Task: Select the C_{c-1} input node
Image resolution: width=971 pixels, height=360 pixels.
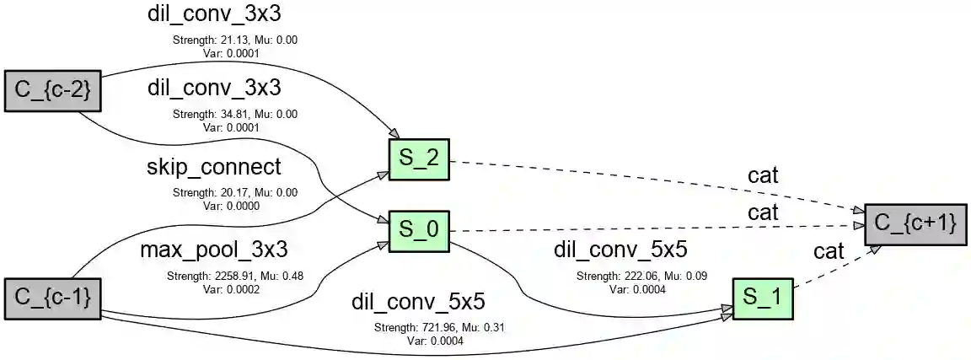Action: pyautogui.click(x=52, y=297)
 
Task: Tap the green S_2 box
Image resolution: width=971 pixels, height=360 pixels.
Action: pyautogui.click(x=419, y=159)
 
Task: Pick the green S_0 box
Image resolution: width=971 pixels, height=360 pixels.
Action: pyautogui.click(x=419, y=230)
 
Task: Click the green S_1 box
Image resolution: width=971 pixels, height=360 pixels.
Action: pyautogui.click(x=763, y=298)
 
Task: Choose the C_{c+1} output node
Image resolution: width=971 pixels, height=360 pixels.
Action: pyautogui.click(x=915, y=223)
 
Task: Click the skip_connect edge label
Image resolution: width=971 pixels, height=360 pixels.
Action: pyautogui.click(x=214, y=168)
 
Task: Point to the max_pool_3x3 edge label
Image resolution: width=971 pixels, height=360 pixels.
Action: pyautogui.click(x=214, y=250)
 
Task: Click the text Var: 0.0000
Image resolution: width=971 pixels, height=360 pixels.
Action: pyautogui.click(x=231, y=206)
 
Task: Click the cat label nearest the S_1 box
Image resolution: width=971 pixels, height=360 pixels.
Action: pyautogui.click(x=829, y=250)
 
